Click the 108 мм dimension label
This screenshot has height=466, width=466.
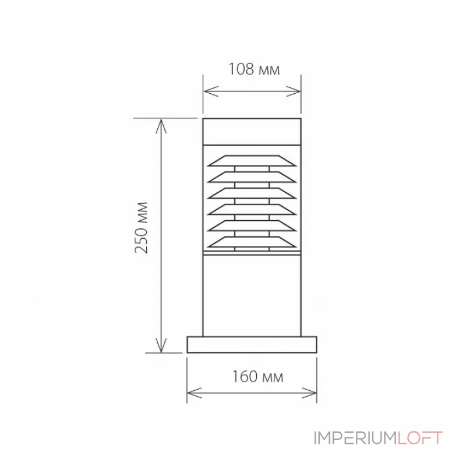coord(253,70)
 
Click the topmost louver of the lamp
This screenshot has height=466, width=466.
coord(252,160)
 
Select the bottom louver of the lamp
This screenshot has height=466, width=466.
coord(252,241)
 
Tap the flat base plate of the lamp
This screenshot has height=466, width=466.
coord(252,344)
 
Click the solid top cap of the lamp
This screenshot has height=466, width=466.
coord(252,131)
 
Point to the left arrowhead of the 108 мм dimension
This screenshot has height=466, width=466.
coord(207,91)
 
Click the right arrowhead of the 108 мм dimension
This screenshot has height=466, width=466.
coord(296,91)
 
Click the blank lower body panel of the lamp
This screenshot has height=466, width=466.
coord(252,294)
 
